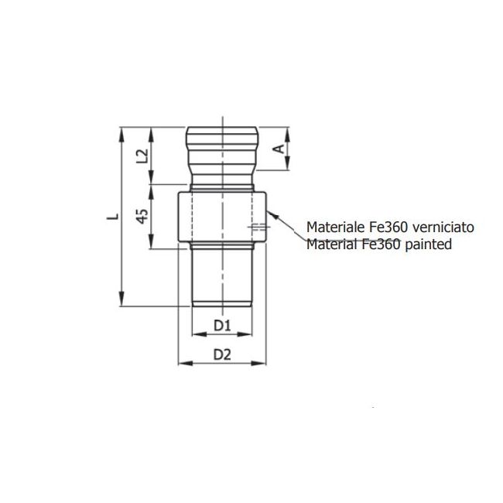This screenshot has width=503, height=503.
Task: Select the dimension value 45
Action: [x=142, y=216]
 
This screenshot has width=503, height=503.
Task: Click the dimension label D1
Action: [x=223, y=327]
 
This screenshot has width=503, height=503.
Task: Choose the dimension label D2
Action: [x=223, y=355]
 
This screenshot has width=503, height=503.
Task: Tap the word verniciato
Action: [x=443, y=228]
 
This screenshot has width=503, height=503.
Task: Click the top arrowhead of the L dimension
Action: [x=122, y=132]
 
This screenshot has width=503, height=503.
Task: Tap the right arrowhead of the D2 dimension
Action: [x=263, y=361]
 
